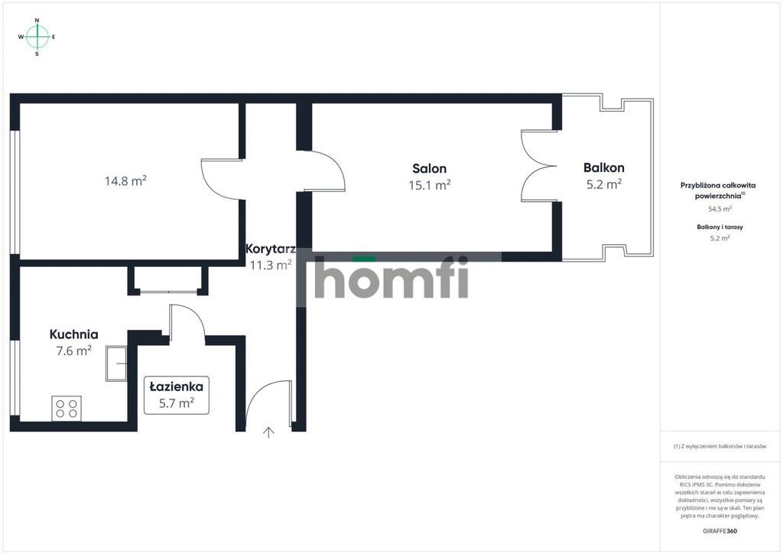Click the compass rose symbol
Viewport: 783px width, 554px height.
[x=37, y=37]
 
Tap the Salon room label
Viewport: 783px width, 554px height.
[x=430, y=168]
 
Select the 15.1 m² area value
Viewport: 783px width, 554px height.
[x=430, y=185]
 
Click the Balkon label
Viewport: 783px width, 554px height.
[x=604, y=168]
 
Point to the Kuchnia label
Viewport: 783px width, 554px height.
[x=73, y=334]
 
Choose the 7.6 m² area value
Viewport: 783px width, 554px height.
[x=73, y=350]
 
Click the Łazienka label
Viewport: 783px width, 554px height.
[x=177, y=386]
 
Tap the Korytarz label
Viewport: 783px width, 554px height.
[x=270, y=248]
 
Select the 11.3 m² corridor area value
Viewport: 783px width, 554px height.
[x=270, y=265]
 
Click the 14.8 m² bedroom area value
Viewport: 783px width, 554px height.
[x=125, y=181]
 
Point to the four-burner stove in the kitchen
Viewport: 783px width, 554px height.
[x=67, y=408]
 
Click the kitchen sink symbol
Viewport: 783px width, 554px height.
[x=116, y=363]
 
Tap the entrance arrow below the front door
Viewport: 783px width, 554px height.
[x=268, y=432]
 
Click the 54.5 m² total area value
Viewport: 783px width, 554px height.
[x=720, y=209]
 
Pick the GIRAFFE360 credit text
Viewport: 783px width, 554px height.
[x=720, y=531]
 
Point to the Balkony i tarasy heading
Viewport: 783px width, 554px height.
[x=720, y=226]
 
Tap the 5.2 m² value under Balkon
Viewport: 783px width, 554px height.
[x=604, y=184]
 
